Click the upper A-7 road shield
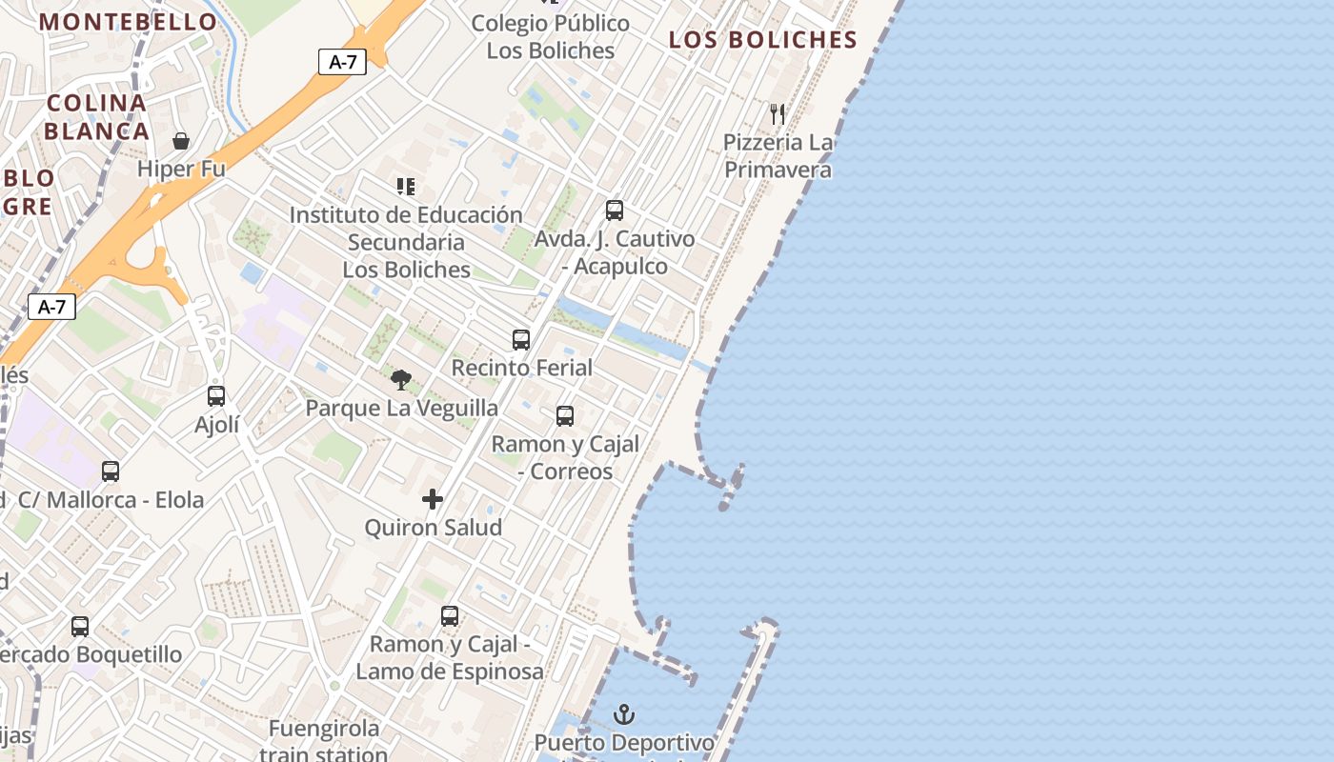click(342, 62)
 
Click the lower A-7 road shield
click(51, 307)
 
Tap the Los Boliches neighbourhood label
click(762, 39)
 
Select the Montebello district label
click(128, 21)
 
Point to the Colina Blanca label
click(97, 116)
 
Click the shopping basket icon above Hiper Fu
click(181, 141)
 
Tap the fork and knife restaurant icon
click(778, 114)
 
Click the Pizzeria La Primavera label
click(778, 156)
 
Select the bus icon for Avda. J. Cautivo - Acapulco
click(615, 211)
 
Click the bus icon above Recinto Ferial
click(521, 340)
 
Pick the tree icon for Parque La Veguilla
click(401, 381)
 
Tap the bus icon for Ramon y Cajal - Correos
click(565, 416)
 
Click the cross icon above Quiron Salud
click(433, 499)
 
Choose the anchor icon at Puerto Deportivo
click(624, 714)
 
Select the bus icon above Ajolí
click(216, 396)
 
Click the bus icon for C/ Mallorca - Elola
click(111, 471)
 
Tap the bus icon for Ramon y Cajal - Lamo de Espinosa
click(450, 616)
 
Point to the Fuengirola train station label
click(324, 741)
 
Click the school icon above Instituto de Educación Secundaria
click(406, 187)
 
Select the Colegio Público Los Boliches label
click(551, 36)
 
